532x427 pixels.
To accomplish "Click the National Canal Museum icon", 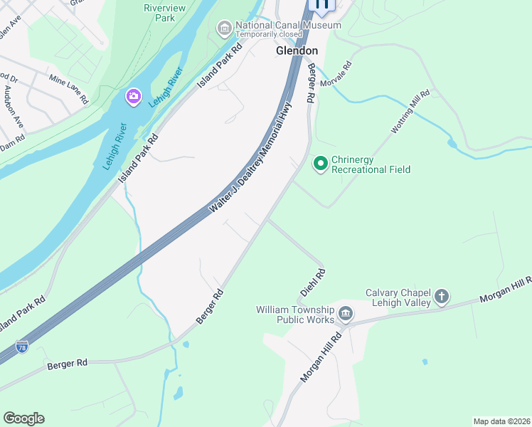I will click(225, 28).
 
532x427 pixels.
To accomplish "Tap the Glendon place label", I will click(297, 51).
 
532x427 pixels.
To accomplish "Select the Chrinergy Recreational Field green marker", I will click(321, 164).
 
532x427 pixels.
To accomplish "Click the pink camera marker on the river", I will click(133, 97).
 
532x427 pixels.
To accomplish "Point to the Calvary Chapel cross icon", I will click(442, 297).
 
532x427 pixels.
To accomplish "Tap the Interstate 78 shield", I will click(23, 347).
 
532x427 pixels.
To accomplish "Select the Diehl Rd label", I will click(313, 284).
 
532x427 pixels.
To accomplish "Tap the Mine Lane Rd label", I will click(68, 88).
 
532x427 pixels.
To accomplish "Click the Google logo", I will click(23, 418).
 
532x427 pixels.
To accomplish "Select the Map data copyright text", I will click(501, 421).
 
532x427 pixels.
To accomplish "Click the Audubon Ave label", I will click(14, 107).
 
